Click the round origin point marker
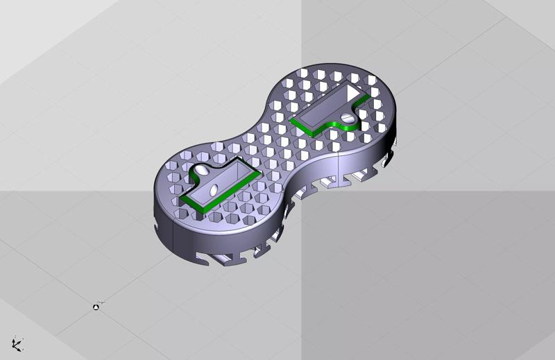pyautogui.click(x=96, y=307)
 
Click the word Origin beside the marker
pyautogui.click(x=102, y=302)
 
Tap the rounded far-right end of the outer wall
pyautogui.click(x=397, y=125)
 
